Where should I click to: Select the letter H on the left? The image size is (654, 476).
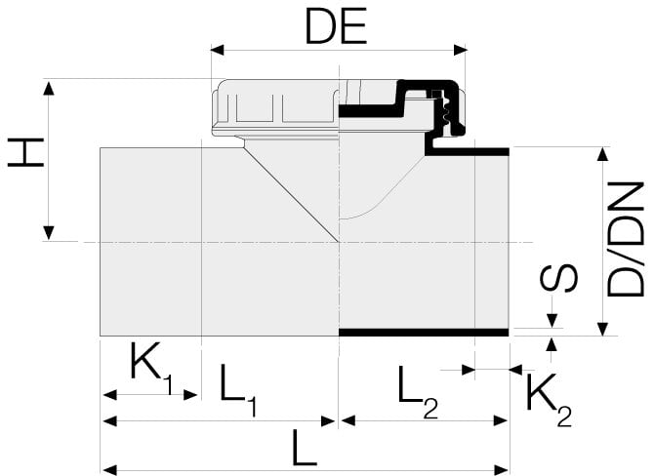(x=26, y=152)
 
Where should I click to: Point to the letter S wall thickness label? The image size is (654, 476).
(x=559, y=278)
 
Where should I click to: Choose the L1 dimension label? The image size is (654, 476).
(x=238, y=388)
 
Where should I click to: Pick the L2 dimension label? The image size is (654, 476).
(x=417, y=388)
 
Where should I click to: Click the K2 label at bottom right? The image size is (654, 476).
(x=548, y=400)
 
